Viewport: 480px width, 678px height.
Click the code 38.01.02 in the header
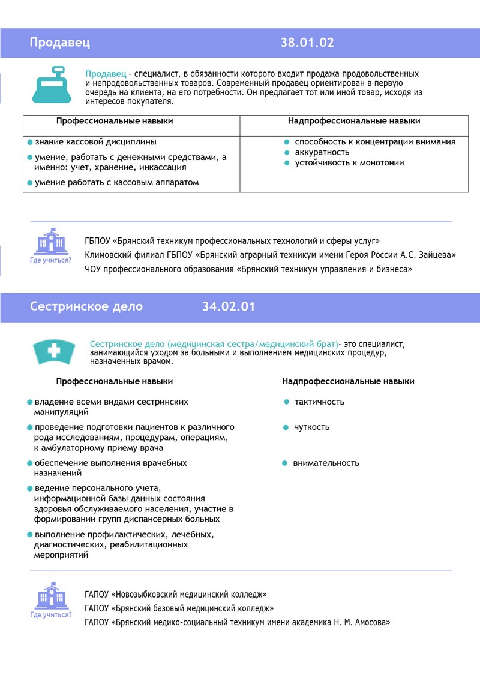pyautogui.click(x=307, y=43)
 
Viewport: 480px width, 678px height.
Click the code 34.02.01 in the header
pyautogui.click(x=228, y=306)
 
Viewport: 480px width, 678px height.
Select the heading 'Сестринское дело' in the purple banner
pyautogui.click(x=86, y=306)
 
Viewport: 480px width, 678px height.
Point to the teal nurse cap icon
pyautogui.click(x=54, y=351)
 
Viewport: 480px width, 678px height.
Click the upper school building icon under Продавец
pyautogui.click(x=51, y=242)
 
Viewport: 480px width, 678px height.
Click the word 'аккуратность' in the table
pyautogui.click(x=322, y=152)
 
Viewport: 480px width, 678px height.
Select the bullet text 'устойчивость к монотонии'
pyautogui.click(x=349, y=162)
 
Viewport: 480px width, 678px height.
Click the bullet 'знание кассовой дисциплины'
pyautogui.click(x=95, y=142)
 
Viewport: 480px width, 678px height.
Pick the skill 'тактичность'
pyautogui.click(x=319, y=402)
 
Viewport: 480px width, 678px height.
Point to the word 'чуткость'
pyautogui.click(x=311, y=427)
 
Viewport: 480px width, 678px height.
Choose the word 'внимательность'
pyautogui.click(x=326, y=463)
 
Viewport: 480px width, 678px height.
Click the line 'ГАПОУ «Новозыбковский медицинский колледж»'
pyautogui.click(x=176, y=595)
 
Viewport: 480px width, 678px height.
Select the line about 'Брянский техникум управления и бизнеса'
pyautogui.click(x=248, y=270)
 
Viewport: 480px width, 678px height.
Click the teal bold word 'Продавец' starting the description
pyautogui.click(x=106, y=74)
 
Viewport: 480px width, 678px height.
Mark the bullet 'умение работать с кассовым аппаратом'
pyautogui.click(x=116, y=182)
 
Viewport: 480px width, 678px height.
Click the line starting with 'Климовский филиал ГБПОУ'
pyautogui.click(x=270, y=255)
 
